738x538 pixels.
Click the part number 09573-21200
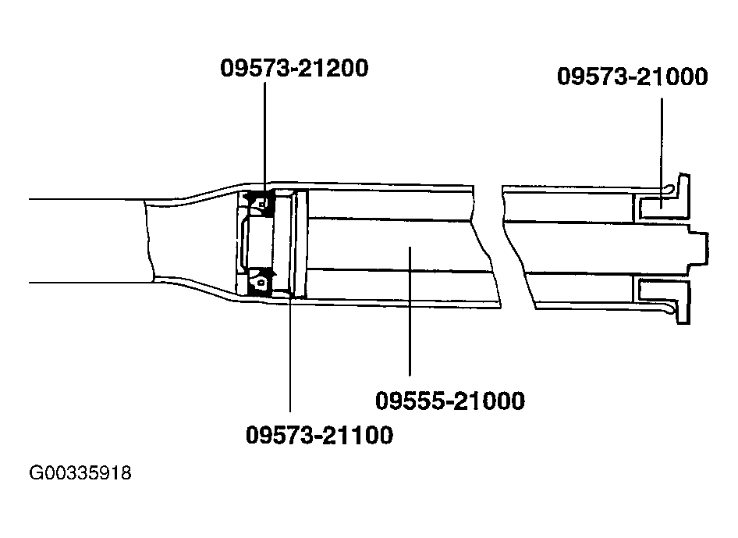(x=294, y=69)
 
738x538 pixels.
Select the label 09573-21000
(x=633, y=77)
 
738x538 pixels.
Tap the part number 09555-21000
(x=450, y=401)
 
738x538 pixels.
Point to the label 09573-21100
(x=319, y=434)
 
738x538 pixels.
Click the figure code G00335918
(x=80, y=473)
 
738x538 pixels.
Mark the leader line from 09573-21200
(x=264, y=133)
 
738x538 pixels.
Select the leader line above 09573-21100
(x=290, y=351)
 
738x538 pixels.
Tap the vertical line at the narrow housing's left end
(x=146, y=240)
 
